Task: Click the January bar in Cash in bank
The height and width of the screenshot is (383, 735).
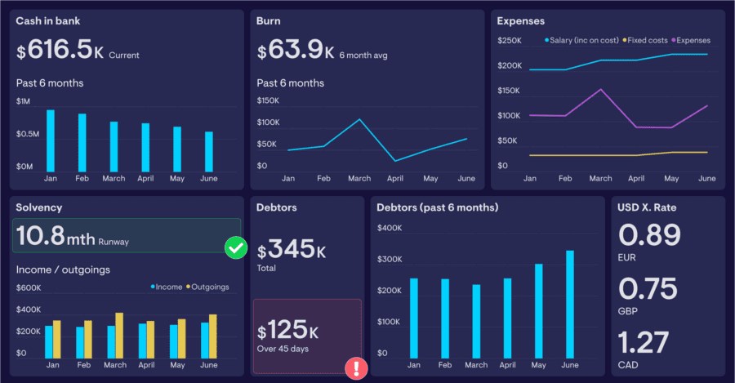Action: pyautogui.click(x=51, y=139)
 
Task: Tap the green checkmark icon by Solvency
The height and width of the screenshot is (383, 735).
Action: pyautogui.click(x=236, y=247)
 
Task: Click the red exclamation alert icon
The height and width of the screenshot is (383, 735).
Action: pyautogui.click(x=357, y=368)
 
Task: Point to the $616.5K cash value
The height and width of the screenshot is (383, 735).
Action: pyautogui.click(x=60, y=51)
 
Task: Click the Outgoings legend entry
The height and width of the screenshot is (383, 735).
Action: pyautogui.click(x=207, y=287)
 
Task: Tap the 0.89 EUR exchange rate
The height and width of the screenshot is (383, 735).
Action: pyautogui.click(x=650, y=235)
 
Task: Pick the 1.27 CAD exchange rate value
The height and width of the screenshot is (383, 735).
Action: pyautogui.click(x=644, y=342)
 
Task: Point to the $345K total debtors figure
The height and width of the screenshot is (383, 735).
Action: pyautogui.click(x=292, y=248)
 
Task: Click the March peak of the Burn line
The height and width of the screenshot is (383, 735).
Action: pyautogui.click(x=359, y=119)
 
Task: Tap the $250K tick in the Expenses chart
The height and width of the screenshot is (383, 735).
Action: pyautogui.click(x=509, y=40)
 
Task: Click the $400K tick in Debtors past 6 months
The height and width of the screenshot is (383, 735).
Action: pyautogui.click(x=390, y=228)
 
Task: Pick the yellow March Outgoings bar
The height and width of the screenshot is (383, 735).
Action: pyautogui.click(x=119, y=336)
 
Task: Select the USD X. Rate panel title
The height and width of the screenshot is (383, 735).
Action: pyautogui.click(x=648, y=207)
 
